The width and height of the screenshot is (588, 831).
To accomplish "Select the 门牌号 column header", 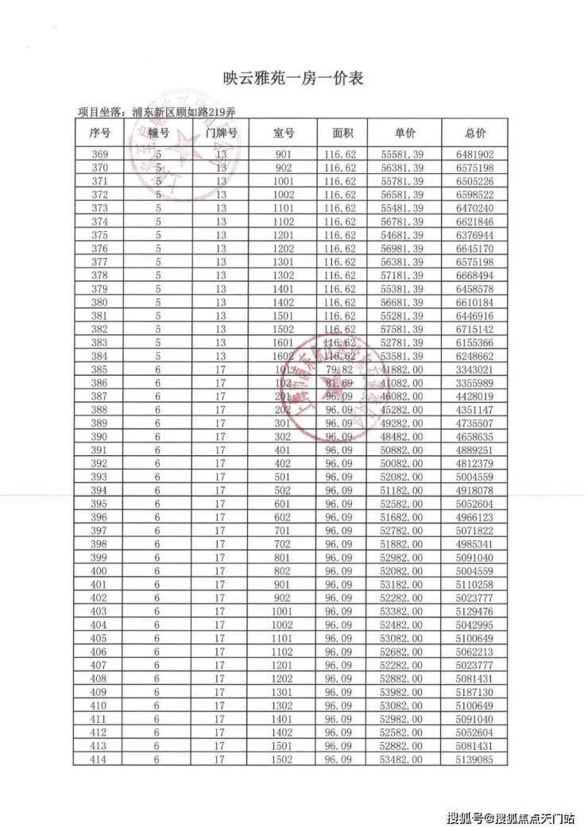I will tap(221, 133).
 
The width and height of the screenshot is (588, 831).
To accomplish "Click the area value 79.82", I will tap(340, 369).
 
